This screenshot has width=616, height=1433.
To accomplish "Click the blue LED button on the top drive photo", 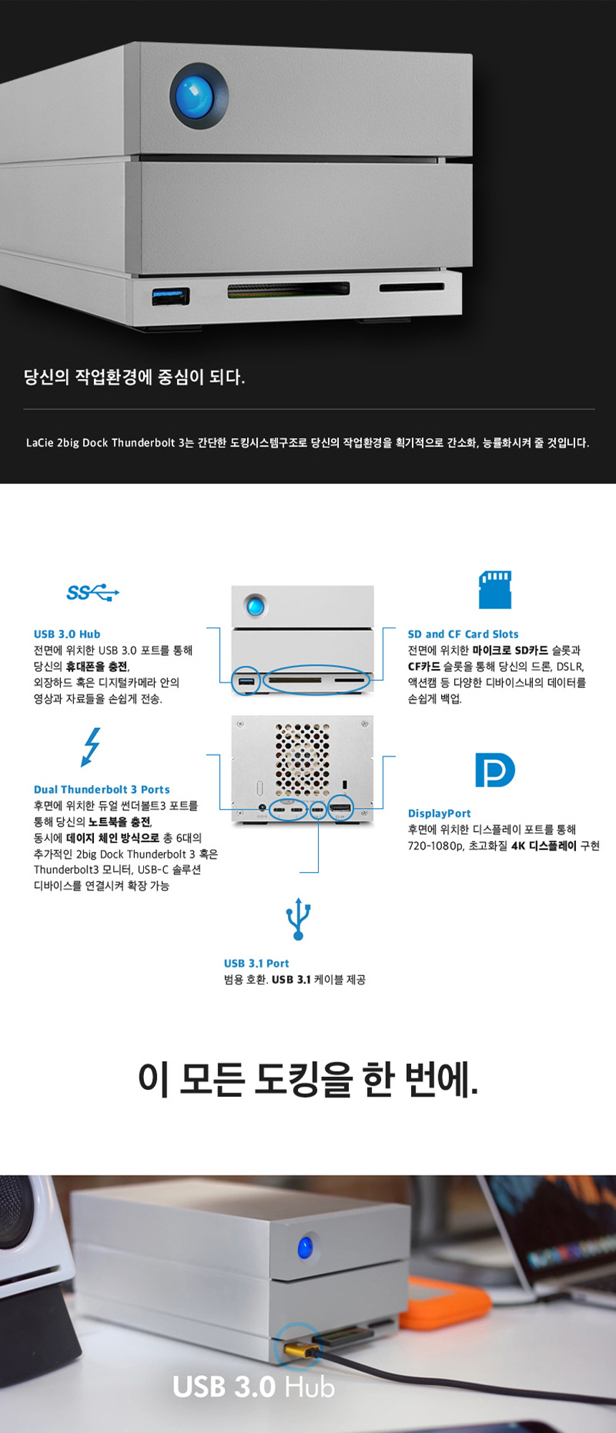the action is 199,96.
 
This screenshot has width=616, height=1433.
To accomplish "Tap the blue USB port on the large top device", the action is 170,296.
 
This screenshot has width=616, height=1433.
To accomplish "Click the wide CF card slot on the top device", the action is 289,289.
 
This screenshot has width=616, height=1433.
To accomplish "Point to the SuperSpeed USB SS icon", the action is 92,593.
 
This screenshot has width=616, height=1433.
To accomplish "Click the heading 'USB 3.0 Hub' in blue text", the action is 67,634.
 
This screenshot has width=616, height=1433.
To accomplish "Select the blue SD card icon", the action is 495,590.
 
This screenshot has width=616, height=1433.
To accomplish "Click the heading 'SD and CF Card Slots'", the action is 463,634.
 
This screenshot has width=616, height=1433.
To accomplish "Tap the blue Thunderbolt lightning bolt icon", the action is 92,747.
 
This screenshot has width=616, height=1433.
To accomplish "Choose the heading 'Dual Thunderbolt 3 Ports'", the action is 102,790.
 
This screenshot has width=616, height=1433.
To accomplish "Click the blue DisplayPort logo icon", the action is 495,770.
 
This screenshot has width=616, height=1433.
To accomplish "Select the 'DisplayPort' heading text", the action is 439,813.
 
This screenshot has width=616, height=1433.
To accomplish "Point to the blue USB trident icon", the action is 298,919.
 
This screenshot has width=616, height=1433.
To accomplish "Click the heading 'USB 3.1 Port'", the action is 256,964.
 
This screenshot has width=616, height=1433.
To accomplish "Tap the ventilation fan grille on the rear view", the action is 302,759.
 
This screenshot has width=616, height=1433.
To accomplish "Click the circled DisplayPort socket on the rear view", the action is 340,810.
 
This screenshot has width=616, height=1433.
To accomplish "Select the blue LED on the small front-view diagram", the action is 254,606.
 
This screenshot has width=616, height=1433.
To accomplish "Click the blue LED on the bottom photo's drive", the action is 306,1247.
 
